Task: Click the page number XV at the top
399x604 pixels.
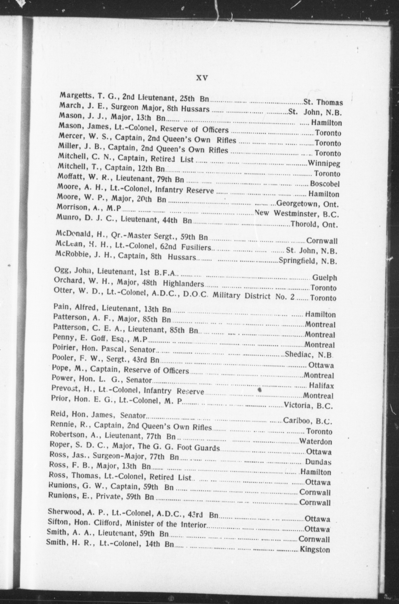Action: point(202,78)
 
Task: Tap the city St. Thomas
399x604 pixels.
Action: point(323,102)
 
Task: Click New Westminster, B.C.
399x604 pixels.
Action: point(297,213)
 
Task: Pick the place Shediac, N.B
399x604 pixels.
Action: point(309,354)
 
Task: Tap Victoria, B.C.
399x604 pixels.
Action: point(308,405)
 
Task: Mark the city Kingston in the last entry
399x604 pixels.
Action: point(315,550)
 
